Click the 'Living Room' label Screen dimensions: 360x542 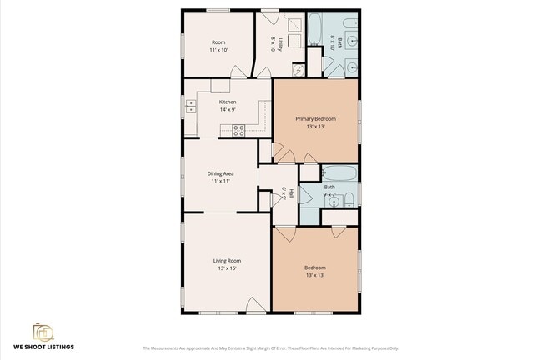227,260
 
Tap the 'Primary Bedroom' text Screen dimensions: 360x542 315,119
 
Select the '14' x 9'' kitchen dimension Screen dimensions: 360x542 227,109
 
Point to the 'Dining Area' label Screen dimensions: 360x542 220,173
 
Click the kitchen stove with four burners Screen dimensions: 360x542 238,129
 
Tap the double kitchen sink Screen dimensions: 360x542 190,106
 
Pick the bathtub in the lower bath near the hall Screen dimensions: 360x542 339,174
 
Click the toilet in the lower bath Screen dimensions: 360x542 349,198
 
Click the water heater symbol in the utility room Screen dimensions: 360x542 298,70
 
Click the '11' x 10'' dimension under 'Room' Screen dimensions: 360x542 219,50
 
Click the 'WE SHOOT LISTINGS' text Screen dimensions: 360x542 43,346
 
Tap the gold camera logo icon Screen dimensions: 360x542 43,331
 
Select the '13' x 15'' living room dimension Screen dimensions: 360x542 227,268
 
